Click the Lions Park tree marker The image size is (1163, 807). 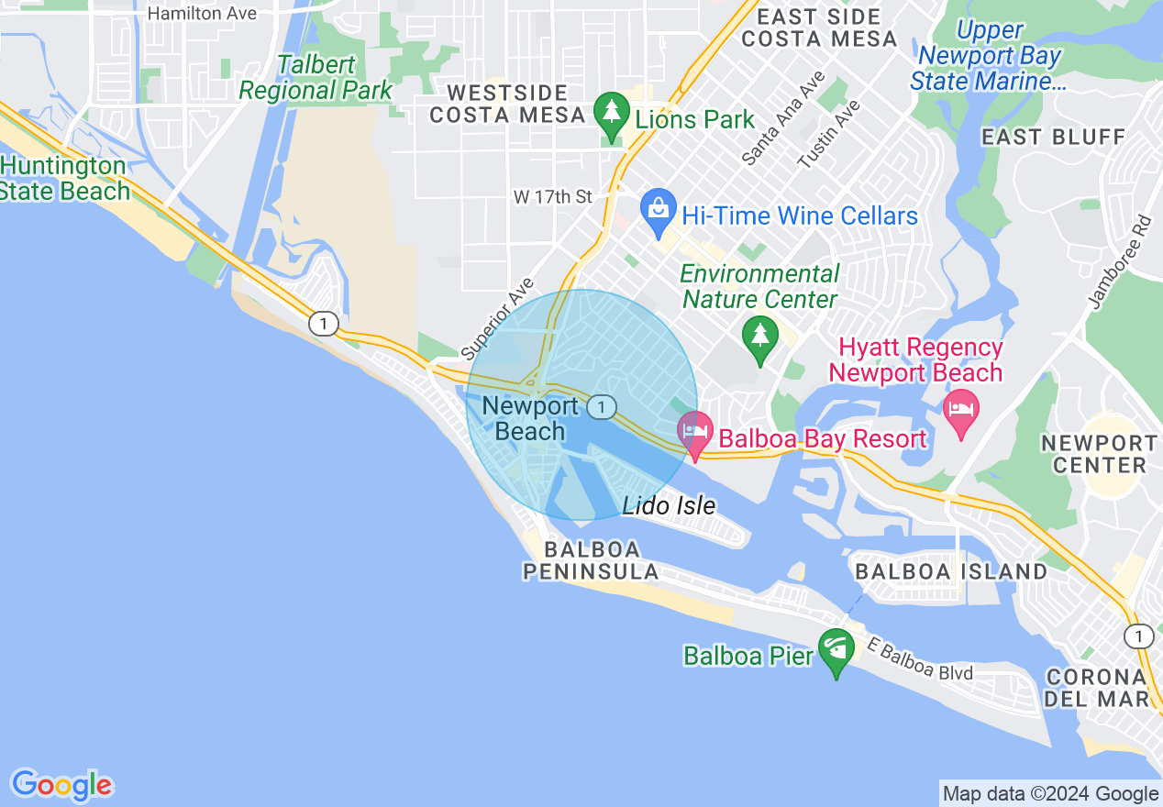pyautogui.click(x=610, y=116)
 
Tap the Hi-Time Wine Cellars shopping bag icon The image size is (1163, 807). pyautogui.click(x=658, y=211)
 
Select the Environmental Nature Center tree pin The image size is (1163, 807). pyautogui.click(x=759, y=337)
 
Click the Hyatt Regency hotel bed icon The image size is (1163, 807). pyautogui.click(x=960, y=409)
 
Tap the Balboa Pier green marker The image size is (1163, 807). pyautogui.click(x=836, y=650)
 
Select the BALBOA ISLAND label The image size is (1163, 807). pyautogui.click(x=950, y=571)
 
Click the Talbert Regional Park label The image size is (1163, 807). pyautogui.click(x=316, y=78)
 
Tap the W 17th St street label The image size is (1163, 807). pyautogui.click(x=553, y=196)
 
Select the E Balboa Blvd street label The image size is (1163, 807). pyautogui.click(x=919, y=661)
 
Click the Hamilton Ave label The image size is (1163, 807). pyautogui.click(x=202, y=14)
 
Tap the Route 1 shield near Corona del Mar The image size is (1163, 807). pyautogui.click(x=1138, y=636)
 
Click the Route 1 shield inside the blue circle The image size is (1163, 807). pyautogui.click(x=601, y=406)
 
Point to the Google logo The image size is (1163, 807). pyautogui.click(x=61, y=785)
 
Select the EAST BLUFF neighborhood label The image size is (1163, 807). pyautogui.click(x=1053, y=138)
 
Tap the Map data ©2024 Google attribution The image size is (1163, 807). pyautogui.click(x=1051, y=794)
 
